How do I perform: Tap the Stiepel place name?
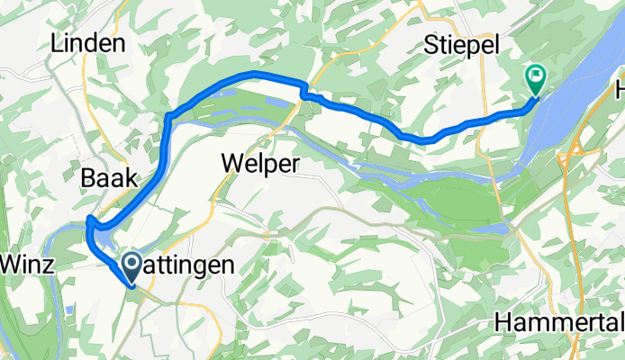click(460, 45)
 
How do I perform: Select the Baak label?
click(109, 179)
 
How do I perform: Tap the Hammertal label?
click(558, 323)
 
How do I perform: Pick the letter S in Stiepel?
click(431, 45)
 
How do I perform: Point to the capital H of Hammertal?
click(503, 323)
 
